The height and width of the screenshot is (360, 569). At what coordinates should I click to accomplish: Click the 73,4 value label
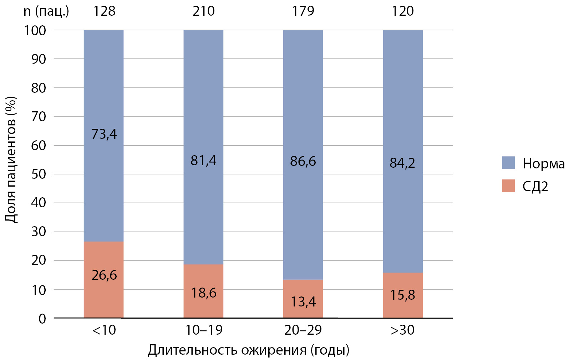pos(104,134)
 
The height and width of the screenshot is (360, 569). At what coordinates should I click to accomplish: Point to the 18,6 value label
pos(204,293)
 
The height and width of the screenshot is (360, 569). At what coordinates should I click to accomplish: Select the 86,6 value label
pos(303,161)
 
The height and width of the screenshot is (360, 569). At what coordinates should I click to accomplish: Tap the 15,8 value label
pos(402,295)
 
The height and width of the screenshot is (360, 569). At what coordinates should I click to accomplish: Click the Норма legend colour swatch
pos(508,163)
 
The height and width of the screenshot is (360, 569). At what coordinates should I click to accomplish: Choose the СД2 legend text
pos(535,187)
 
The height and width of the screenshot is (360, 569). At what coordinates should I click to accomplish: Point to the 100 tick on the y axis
pos(35,31)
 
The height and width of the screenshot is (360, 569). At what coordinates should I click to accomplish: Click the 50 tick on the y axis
pos(39,174)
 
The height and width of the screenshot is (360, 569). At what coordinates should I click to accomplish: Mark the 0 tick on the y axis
pos(42,318)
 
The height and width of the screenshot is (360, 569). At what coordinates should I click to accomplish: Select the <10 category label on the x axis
pos(104,330)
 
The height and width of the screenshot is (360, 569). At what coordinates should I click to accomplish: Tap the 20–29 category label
pos(303,330)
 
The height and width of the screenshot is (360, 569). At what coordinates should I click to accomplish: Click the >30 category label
pos(402,330)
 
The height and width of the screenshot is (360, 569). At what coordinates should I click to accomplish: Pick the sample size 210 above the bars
pos(204,11)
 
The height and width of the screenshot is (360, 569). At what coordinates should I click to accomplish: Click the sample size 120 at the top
pos(403,11)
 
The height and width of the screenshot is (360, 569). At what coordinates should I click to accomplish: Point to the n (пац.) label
pos(46,11)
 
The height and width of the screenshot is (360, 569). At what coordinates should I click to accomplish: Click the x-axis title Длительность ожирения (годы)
pos(249,350)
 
